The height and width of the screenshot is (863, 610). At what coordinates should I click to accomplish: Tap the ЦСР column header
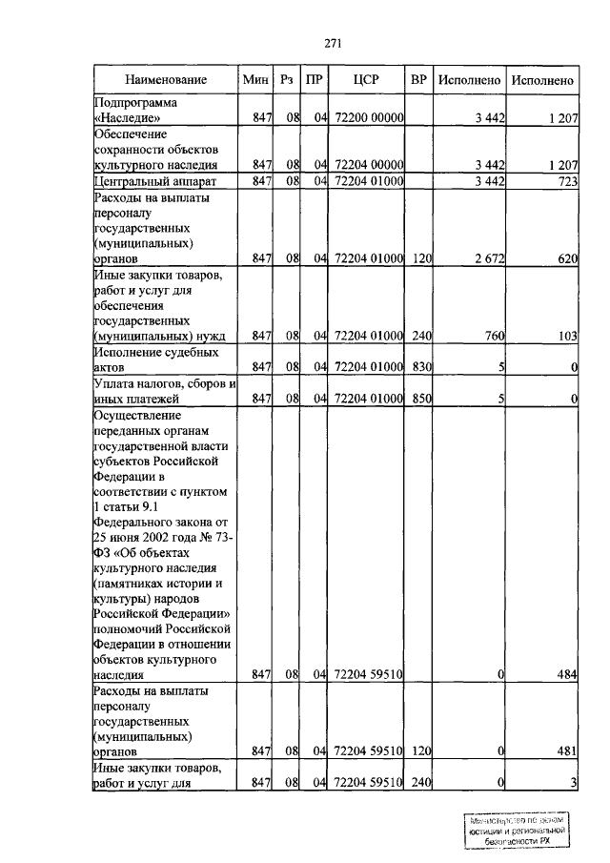(367, 80)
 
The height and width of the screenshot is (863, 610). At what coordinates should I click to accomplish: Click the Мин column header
(255, 80)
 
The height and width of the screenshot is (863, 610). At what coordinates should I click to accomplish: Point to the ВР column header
(418, 80)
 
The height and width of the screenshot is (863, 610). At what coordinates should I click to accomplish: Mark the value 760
(494, 336)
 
